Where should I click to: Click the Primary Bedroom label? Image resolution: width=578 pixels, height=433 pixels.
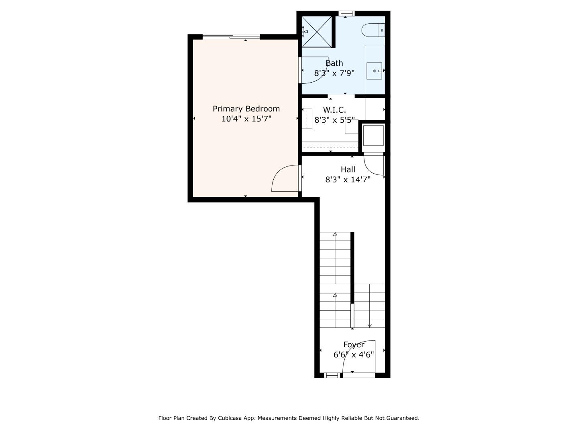pos(246,109)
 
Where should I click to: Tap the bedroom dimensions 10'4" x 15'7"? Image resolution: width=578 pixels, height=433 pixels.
pos(246,119)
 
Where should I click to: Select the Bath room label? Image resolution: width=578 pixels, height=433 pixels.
pos(334,63)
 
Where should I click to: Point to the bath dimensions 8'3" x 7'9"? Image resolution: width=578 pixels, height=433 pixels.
pos(334,73)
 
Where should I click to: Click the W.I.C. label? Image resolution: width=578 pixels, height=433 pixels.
pos(334,110)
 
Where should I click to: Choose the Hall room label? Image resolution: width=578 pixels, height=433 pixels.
pos(348,170)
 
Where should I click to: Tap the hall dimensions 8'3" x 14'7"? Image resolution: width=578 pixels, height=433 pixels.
pos(348,180)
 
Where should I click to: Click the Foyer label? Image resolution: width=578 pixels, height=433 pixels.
pos(354,345)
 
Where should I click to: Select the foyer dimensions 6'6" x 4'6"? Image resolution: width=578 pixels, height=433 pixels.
pos(354,355)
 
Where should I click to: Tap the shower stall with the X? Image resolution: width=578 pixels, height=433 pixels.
pos(317,31)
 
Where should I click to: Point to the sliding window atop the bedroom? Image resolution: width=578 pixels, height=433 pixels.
pos(232,37)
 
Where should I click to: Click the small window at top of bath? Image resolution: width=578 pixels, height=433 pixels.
pos(346,14)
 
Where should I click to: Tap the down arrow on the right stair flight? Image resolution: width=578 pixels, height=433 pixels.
pos(370,325)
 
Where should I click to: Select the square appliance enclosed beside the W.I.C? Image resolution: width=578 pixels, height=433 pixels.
pos(373,136)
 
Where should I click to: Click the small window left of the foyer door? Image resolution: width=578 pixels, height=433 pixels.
pos(332,375)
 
